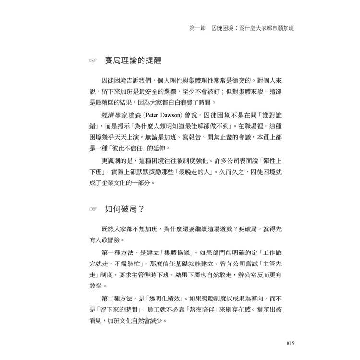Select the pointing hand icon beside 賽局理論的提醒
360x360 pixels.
(x=93, y=61)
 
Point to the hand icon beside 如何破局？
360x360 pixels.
(x=93, y=209)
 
